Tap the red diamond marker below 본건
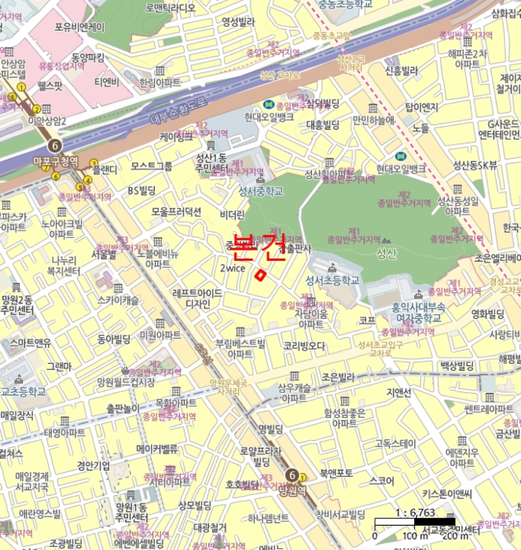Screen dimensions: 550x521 (x=260, y=273)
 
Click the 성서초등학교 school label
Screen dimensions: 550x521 (x=332, y=280)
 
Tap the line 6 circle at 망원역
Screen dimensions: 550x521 (x=292, y=475)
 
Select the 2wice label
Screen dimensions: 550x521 (x=233, y=267)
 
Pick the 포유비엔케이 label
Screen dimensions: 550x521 (x=79, y=27)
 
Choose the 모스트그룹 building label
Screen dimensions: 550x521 (x=151, y=166)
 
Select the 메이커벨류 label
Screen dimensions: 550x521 (x=157, y=449)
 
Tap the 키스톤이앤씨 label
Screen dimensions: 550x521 (x=446, y=493)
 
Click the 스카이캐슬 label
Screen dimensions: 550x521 (x=118, y=300)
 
